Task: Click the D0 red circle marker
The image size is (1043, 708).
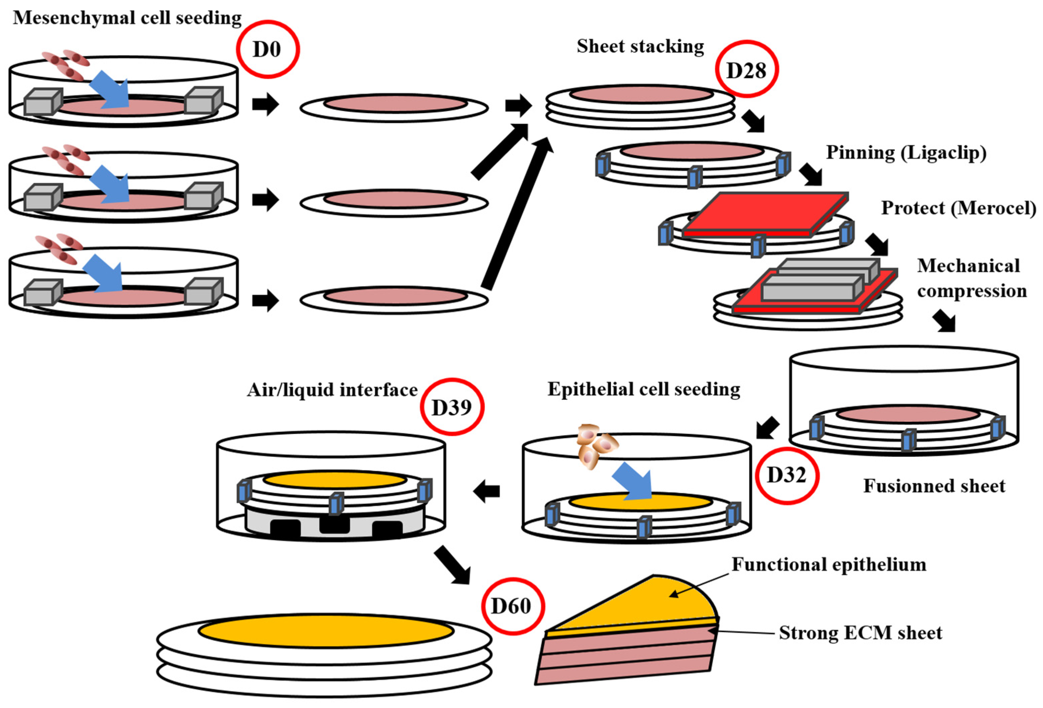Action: pyautogui.click(x=268, y=49)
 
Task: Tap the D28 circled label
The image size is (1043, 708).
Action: pyautogui.click(x=746, y=69)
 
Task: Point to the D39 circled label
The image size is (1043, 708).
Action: pyautogui.click(x=452, y=407)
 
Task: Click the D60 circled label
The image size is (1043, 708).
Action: pyautogui.click(x=512, y=606)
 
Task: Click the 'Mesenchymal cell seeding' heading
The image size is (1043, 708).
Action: pyautogui.click(x=127, y=18)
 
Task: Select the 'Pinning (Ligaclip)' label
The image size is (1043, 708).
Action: pyautogui.click(x=907, y=153)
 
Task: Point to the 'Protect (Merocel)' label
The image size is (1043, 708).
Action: pyautogui.click(x=958, y=208)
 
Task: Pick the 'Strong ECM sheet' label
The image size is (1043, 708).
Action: pyautogui.click(x=860, y=633)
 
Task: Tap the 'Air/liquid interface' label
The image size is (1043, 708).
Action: pyautogui.click(x=332, y=390)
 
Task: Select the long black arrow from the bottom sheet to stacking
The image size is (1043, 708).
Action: pyautogui.click(x=516, y=216)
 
